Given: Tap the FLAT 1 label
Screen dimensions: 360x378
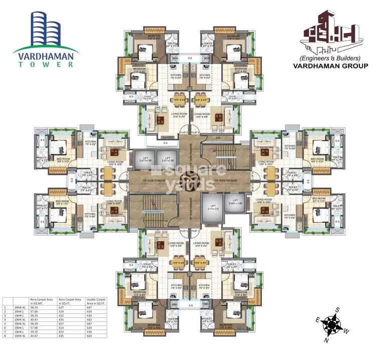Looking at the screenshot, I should point(196,231).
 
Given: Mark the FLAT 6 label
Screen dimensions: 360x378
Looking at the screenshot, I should point(196,132).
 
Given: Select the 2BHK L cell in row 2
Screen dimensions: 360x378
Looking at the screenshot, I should point(20,312).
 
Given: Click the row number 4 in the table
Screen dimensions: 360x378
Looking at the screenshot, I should point(5,321).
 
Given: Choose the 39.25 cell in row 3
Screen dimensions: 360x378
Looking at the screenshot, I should point(36,317).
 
